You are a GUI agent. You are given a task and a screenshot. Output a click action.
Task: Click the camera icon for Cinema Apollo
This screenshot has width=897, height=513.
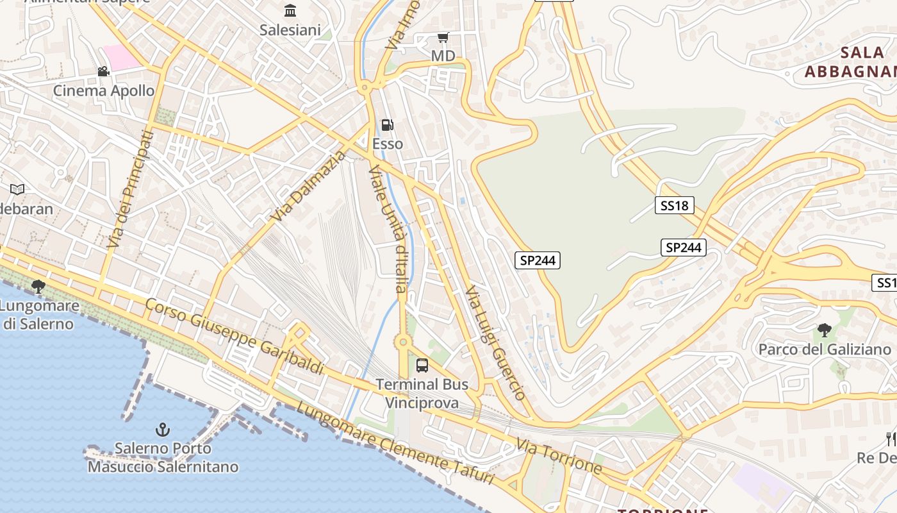(103, 71)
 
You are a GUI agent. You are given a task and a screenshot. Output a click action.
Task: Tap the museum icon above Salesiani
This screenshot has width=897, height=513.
(290, 10)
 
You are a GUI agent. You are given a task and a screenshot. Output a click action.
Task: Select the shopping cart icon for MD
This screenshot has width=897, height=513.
(443, 37)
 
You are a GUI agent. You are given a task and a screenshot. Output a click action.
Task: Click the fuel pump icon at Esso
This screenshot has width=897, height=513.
(387, 125)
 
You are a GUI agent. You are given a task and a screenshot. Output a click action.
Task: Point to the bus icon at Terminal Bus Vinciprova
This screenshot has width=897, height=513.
(422, 366)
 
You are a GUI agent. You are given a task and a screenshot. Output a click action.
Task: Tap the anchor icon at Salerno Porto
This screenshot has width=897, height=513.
(163, 429)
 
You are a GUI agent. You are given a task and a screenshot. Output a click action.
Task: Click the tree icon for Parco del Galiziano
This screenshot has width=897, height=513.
(824, 330)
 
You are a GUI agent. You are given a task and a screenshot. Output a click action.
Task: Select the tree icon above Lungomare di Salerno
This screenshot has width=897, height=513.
(38, 286)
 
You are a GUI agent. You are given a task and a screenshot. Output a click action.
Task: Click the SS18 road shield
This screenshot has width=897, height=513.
(674, 205)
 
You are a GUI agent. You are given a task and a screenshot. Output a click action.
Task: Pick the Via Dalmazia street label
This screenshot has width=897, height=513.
(308, 187)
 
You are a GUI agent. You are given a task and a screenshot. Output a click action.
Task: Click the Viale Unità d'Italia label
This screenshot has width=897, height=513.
(389, 229)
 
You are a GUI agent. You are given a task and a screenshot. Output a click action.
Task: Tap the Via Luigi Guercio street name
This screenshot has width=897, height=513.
(496, 342)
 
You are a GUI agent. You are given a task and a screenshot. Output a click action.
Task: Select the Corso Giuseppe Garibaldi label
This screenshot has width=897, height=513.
(235, 336)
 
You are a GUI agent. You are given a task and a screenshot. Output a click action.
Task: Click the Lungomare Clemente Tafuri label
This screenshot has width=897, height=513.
(395, 444)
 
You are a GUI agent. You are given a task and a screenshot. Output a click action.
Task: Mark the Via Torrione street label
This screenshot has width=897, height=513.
(559, 456)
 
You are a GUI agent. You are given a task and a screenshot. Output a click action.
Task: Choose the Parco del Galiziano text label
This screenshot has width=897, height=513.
(825, 349)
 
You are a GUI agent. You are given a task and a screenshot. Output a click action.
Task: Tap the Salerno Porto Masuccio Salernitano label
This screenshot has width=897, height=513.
(163, 457)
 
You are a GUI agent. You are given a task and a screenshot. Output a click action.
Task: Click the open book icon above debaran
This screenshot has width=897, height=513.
(17, 189)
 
